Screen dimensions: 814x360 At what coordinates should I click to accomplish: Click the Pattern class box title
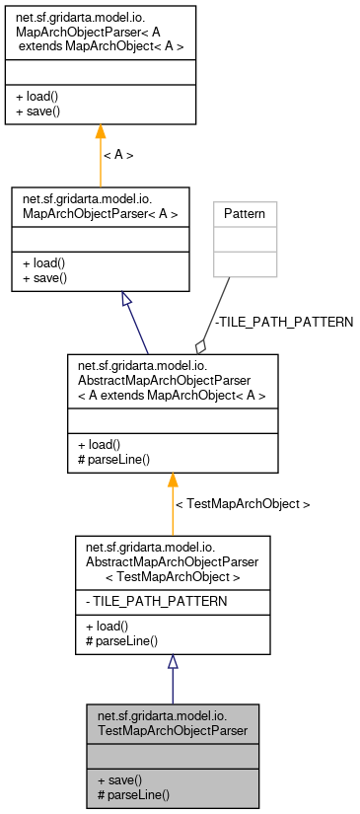point(246,213)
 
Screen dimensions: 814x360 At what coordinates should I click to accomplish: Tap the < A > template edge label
point(118,155)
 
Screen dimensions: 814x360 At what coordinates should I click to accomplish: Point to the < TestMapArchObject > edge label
point(242,504)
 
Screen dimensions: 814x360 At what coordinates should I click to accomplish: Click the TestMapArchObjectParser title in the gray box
point(173,724)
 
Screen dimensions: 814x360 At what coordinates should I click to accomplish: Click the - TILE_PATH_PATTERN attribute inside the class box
point(143,600)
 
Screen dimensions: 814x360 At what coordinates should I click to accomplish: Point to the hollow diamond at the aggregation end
point(201,345)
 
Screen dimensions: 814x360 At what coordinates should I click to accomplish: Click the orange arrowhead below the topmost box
point(100,132)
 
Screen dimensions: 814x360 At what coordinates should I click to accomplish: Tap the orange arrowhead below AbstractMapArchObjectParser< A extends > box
point(173,481)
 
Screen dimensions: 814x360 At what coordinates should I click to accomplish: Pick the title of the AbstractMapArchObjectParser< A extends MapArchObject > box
point(173,383)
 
